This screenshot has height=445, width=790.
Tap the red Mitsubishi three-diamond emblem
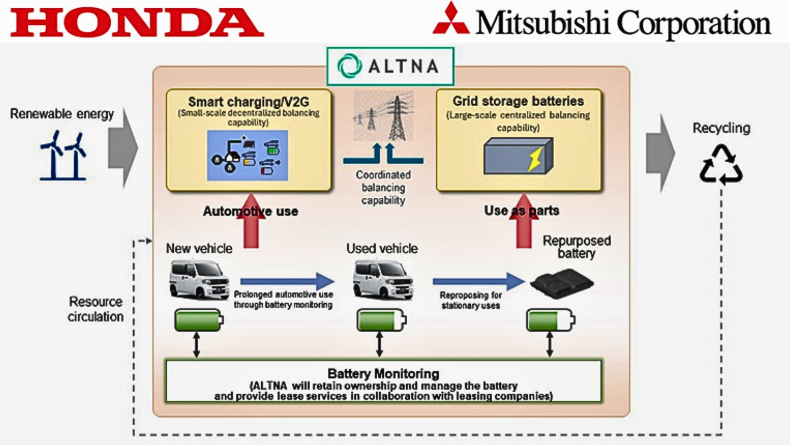[x=451, y=20]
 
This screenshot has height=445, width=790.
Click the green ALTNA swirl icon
[x=349, y=66]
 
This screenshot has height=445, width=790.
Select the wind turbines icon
[x=63, y=156]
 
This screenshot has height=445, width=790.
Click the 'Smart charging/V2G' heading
[x=248, y=101]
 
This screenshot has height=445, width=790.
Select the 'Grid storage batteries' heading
[x=518, y=101]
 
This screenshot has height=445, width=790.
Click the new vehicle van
[x=199, y=279]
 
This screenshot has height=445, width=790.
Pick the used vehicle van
[x=383, y=279]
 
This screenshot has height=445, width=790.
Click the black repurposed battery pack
[x=562, y=283]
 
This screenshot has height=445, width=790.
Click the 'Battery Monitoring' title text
[x=383, y=374]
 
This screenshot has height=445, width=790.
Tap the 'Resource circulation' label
[x=95, y=309]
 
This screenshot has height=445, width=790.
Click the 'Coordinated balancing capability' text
[x=383, y=187]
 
